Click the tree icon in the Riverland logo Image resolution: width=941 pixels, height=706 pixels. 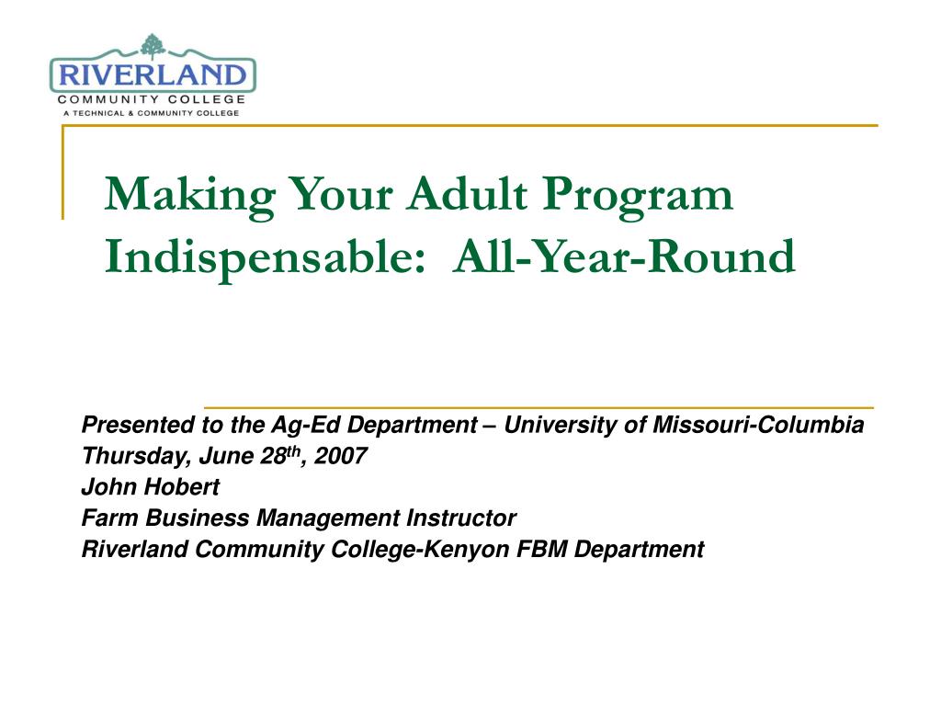coord(153,47)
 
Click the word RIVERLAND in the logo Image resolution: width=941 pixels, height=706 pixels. coord(153,75)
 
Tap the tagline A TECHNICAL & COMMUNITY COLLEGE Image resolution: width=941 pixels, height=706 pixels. coord(152,113)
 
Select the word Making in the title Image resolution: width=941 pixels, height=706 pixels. coord(190,195)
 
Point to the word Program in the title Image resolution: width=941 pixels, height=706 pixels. coord(638,197)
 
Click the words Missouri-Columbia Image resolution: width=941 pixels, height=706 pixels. coord(758,425)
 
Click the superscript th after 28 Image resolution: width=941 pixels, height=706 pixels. coord(293,451)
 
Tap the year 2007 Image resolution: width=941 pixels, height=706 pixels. coord(340,456)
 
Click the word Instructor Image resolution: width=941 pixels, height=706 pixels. coord(461,518)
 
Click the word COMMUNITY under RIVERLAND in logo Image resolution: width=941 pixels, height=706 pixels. coord(108,99)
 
